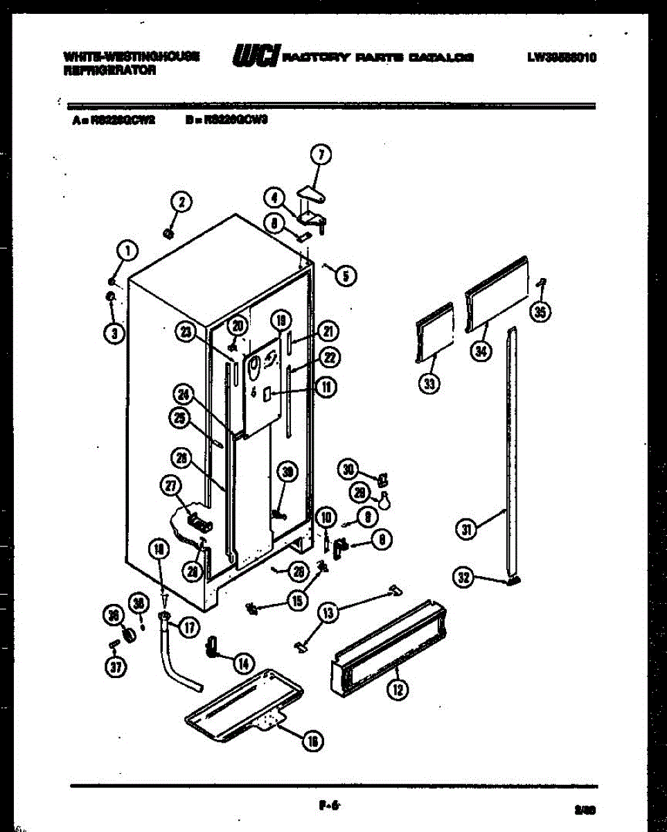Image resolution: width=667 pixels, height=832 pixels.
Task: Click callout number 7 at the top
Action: click(321, 155)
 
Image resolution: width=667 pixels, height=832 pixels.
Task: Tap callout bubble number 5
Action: click(346, 276)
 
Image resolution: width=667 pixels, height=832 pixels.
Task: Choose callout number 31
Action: click(466, 530)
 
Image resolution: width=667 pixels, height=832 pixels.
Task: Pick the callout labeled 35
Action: click(540, 312)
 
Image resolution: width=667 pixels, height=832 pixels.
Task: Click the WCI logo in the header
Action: click(257, 55)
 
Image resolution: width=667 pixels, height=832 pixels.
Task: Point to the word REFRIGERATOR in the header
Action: click(110, 70)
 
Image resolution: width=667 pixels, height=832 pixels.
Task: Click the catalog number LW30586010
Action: click(561, 58)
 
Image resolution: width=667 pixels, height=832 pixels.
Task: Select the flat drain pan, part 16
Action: click(242, 704)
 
